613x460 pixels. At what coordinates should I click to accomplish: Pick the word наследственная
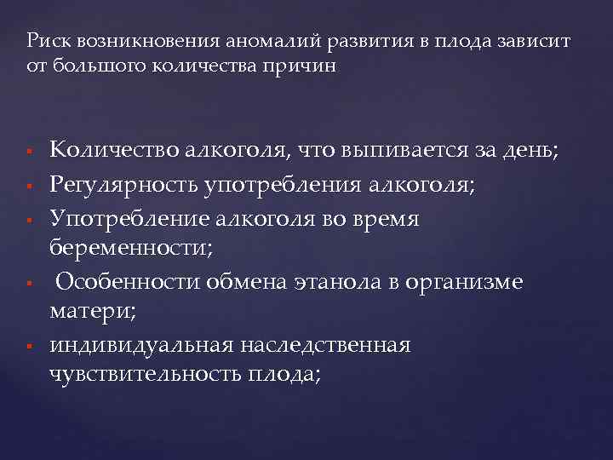coord(337,345)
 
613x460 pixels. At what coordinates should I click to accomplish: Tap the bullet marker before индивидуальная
coord(30,347)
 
